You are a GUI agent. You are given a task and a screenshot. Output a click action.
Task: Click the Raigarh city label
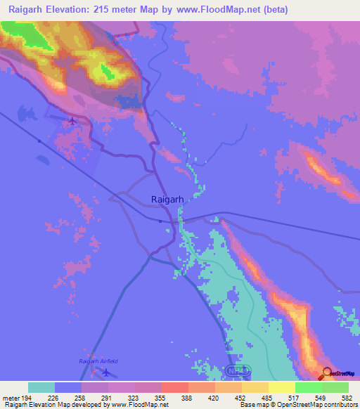[x=167, y=199]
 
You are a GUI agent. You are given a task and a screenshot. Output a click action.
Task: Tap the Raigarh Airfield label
[x=98, y=361]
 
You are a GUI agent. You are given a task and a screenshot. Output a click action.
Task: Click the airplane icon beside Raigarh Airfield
[x=106, y=372]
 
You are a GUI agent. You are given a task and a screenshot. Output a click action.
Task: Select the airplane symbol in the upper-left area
[x=73, y=122]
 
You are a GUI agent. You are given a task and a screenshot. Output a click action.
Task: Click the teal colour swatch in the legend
[x=41, y=387]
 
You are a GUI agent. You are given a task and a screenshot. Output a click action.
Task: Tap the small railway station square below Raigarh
[x=160, y=221]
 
